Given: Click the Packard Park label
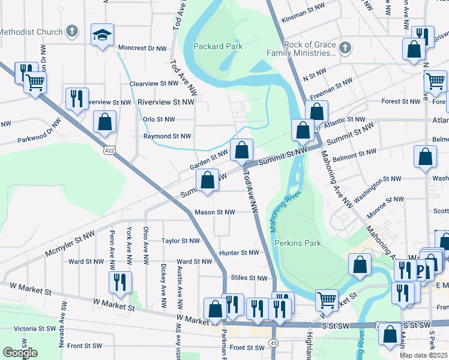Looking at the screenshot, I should coord(217,46).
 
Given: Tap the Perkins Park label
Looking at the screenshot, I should coord(298,243).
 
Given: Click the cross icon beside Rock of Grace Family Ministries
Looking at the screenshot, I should coord(345,47).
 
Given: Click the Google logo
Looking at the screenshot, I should coord(20,353).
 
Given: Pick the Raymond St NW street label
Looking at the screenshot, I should coord(167,136).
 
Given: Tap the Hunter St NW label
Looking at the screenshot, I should coord(238,253).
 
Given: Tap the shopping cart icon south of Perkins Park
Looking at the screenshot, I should coord(327,299).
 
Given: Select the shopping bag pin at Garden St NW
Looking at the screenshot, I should coord(241,151).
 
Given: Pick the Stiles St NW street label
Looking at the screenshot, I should coord(250,278).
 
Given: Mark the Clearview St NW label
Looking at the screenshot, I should coord(155,84).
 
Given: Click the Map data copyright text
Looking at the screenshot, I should coord(424,355).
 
